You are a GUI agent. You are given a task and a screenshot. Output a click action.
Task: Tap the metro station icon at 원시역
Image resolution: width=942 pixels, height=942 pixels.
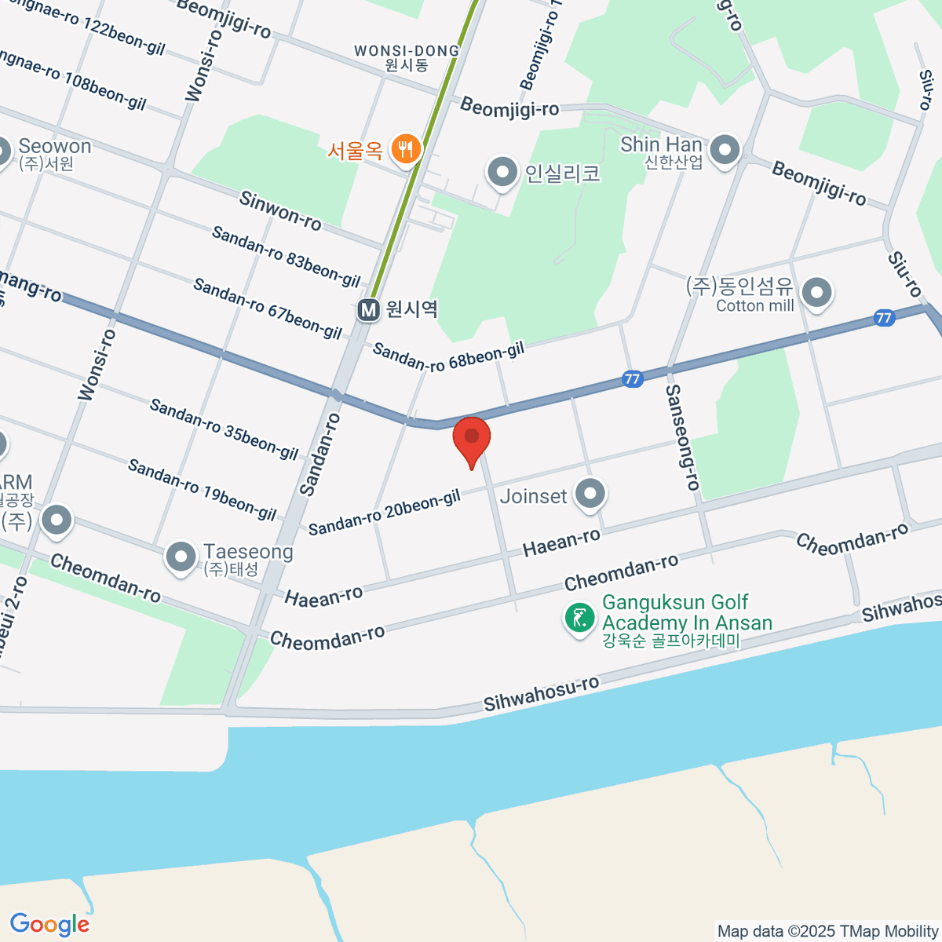pos(368,310)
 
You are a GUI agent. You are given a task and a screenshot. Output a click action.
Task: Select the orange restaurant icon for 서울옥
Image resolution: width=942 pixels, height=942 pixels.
pos(405,148)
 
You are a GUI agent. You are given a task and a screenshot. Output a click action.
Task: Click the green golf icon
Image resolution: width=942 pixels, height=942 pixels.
pos(579,618)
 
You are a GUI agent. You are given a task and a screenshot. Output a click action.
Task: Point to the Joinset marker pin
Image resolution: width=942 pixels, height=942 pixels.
pos(590,494)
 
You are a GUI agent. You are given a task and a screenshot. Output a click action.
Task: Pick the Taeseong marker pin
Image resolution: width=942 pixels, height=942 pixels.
pos(181,557)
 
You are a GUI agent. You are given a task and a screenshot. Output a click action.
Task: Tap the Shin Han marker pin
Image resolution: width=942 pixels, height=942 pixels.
pos(725,149)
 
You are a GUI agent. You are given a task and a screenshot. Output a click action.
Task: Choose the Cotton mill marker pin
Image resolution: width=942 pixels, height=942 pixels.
pos(818,293)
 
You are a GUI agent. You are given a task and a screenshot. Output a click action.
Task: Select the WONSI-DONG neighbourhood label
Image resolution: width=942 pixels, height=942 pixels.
pos(407,57)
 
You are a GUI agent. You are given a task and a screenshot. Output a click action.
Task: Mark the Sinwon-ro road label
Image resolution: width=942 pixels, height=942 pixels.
pos(280,211)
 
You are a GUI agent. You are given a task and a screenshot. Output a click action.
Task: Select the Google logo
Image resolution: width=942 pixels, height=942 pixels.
pos(49,925)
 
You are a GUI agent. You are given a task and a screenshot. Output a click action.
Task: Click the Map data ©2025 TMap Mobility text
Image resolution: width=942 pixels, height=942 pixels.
pos(827,932)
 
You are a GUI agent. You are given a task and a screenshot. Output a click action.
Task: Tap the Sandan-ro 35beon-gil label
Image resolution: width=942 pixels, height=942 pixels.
pos(224,429)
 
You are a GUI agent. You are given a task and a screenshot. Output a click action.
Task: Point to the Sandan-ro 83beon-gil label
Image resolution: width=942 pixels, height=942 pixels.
pos(286,256)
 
